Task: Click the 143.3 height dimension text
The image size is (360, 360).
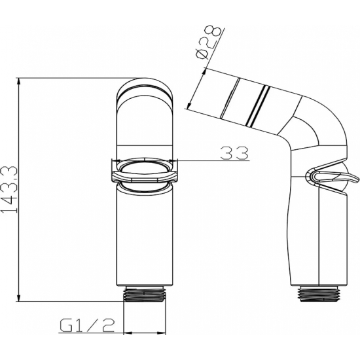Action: click(x=9, y=189)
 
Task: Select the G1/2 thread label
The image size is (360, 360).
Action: click(x=87, y=325)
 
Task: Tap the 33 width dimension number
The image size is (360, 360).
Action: click(x=234, y=153)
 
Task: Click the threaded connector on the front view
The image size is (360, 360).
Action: click(x=144, y=294)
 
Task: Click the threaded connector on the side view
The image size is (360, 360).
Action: click(x=317, y=294)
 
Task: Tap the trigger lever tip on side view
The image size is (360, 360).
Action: click(x=357, y=178)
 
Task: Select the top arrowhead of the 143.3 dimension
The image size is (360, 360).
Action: click(x=19, y=81)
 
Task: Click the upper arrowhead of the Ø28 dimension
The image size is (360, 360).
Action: click(x=204, y=71)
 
